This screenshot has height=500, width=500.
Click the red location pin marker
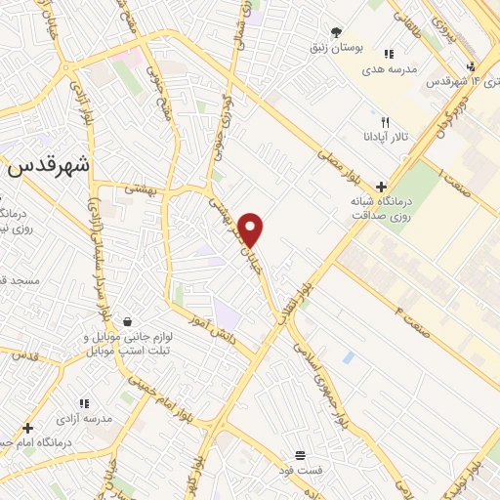tap(251, 229)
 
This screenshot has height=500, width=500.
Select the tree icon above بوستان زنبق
tap(337, 32)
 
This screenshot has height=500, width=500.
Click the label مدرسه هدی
tap(390, 70)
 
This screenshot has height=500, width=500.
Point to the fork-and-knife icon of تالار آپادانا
tap(386, 122)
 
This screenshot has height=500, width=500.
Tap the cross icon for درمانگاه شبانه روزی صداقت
tap(381, 187)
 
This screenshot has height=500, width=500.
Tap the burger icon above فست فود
tap(300, 455)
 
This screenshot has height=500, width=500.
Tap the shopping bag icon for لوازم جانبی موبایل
tap(127, 320)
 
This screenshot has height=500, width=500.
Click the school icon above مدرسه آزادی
tap(85, 402)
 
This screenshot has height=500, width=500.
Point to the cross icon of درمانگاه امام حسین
tap(28, 428)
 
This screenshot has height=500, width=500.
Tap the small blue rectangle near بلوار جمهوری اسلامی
tap(349, 357)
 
